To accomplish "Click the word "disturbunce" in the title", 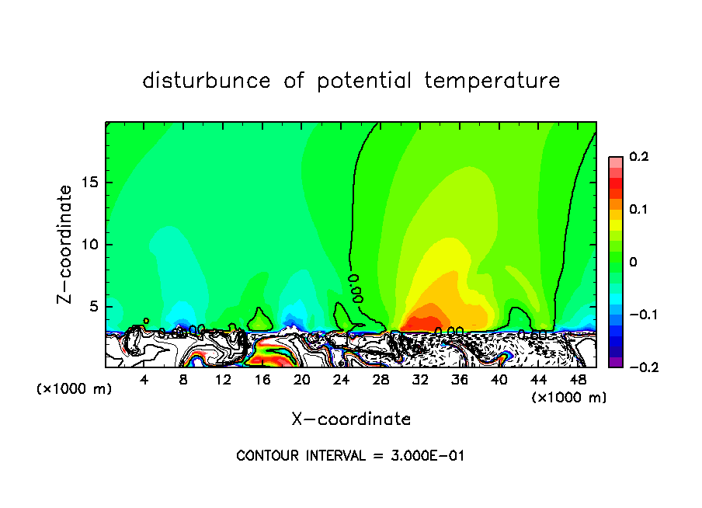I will point(207,81).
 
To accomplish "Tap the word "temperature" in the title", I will point(492,81).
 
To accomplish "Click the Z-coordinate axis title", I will point(67,244).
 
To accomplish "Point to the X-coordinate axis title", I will point(351,419).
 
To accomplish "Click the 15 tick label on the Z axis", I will point(89,183).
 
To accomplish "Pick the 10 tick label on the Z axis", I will point(89,245).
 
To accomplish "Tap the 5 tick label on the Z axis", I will point(93,307).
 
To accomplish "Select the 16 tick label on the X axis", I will point(262,380).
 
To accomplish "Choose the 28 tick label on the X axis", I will point(381,380).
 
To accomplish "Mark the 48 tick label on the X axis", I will point(578,380).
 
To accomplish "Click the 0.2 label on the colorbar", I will point(638,157).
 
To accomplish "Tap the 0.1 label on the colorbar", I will point(638,210).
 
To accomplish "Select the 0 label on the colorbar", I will point(633,263).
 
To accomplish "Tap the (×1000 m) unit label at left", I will point(75,388).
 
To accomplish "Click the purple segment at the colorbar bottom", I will point(615,361).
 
